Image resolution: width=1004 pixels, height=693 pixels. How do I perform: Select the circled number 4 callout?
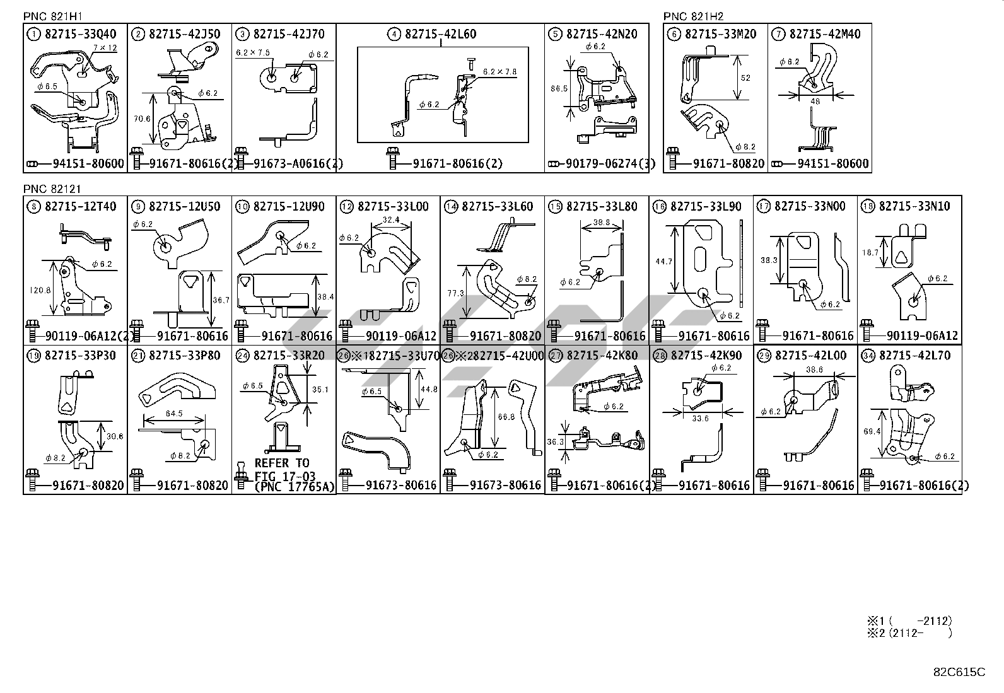tap(394, 34)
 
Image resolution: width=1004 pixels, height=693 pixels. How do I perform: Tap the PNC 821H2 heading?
tap(693, 16)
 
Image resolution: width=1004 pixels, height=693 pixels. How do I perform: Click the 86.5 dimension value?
tap(559, 89)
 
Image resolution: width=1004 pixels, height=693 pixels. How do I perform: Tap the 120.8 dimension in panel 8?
tap(40, 291)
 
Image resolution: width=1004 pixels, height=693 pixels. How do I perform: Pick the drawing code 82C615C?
tap(959, 672)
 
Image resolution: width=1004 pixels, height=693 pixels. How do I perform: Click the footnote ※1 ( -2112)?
tap(909, 621)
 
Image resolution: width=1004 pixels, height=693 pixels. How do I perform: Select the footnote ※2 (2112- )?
tap(909, 633)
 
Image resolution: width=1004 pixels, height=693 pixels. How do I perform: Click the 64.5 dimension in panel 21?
tap(173, 414)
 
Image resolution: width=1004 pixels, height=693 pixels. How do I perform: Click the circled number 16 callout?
tap(660, 206)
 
